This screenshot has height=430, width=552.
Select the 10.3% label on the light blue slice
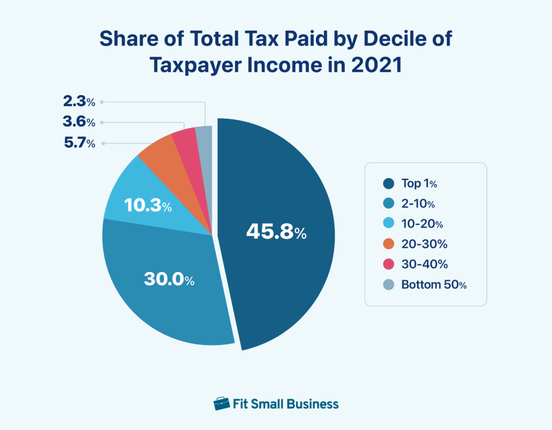point(147,205)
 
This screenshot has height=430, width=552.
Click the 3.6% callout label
point(78,122)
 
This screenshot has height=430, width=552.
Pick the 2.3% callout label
point(78,101)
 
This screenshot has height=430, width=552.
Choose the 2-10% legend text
point(418,204)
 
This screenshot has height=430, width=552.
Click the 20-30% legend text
point(424,244)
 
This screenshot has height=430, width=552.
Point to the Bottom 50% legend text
point(433,285)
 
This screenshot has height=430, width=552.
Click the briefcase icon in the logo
point(221,404)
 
